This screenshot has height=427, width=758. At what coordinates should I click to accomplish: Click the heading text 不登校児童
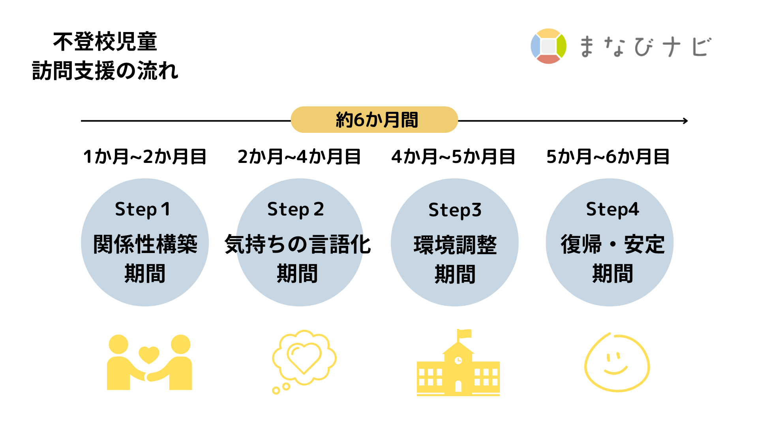pyautogui.click(x=105, y=42)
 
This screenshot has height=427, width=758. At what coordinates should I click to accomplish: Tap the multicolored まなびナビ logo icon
pyautogui.click(x=548, y=46)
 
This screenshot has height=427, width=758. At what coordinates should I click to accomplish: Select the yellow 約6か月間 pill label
pyautogui.click(x=374, y=119)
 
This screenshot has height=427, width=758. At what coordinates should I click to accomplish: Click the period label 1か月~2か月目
pyautogui.click(x=145, y=157)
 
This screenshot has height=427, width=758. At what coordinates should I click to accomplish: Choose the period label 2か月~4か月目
pyautogui.click(x=299, y=157)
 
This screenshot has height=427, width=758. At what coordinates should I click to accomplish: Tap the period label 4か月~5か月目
pyautogui.click(x=453, y=157)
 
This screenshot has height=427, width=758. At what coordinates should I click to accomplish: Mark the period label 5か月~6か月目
pyautogui.click(x=608, y=157)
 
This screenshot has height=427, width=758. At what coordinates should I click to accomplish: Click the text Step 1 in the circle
pyautogui.click(x=143, y=210)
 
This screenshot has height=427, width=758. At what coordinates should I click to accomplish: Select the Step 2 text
pyautogui.click(x=296, y=210)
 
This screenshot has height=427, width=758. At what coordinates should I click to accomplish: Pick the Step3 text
pyautogui.click(x=455, y=210)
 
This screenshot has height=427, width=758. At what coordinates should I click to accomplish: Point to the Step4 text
pyautogui.click(x=612, y=210)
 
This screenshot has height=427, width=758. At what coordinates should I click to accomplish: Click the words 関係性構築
pyautogui.click(x=145, y=244)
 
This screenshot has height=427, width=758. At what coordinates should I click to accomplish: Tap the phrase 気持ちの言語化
pyautogui.click(x=298, y=244)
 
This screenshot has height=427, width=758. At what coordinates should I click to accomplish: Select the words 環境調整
pyautogui.click(x=455, y=245)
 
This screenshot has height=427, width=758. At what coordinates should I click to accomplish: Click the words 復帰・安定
pyautogui.click(x=613, y=244)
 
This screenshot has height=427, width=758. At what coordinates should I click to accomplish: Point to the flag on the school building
pyautogui.click(x=464, y=334)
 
